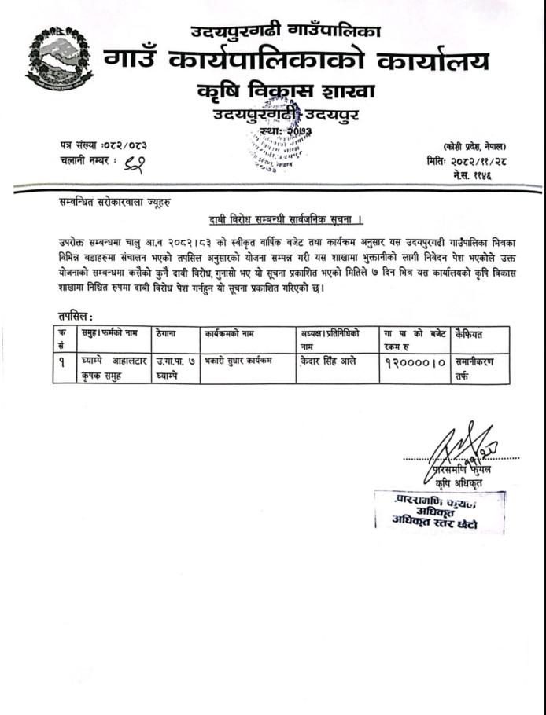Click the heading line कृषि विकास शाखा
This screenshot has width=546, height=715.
pos(286,91)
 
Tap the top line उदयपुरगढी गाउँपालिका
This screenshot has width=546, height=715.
pos(286,31)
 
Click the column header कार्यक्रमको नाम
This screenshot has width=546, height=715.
pos(230,334)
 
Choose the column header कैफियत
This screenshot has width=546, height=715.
pos(468,334)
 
